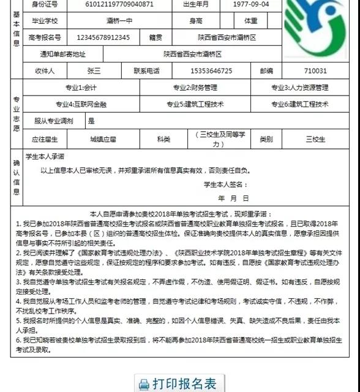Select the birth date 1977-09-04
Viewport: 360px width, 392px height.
(251, 4)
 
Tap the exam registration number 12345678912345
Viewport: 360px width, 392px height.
(105, 37)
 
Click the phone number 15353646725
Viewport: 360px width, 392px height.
(212, 71)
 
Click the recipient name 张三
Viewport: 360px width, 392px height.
(94, 71)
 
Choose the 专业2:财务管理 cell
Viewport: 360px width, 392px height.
(195, 88)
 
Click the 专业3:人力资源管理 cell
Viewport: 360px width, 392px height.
(300, 88)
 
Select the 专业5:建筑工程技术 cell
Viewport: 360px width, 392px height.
(195, 104)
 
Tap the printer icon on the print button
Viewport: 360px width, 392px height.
(144, 385)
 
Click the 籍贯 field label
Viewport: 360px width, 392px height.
(156, 37)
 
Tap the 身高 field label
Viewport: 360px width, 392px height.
(198, 21)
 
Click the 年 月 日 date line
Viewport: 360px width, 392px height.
(233, 198)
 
